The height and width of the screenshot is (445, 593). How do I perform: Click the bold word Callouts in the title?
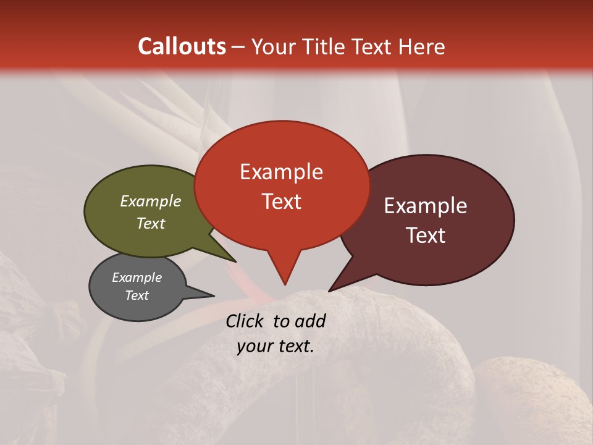click(182, 46)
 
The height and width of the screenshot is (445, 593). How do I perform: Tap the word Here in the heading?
click(423, 46)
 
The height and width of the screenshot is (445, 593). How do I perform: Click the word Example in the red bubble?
click(281, 172)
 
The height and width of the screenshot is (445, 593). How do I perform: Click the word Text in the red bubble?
click(281, 201)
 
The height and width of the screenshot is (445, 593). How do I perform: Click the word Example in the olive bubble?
click(151, 201)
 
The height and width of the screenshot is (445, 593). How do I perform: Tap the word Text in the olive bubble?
click(151, 223)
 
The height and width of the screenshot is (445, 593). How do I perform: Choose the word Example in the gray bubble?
click(137, 278)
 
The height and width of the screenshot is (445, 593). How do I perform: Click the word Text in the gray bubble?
click(137, 295)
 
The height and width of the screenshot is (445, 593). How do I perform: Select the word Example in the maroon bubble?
click(426, 206)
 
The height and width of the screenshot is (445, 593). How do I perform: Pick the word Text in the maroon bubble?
click(426, 235)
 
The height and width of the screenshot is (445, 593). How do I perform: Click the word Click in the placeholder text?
click(245, 321)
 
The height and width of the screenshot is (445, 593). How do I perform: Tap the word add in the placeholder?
click(310, 321)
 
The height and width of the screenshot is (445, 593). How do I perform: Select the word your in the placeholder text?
click(253, 346)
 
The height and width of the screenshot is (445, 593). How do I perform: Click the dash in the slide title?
click(238, 46)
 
